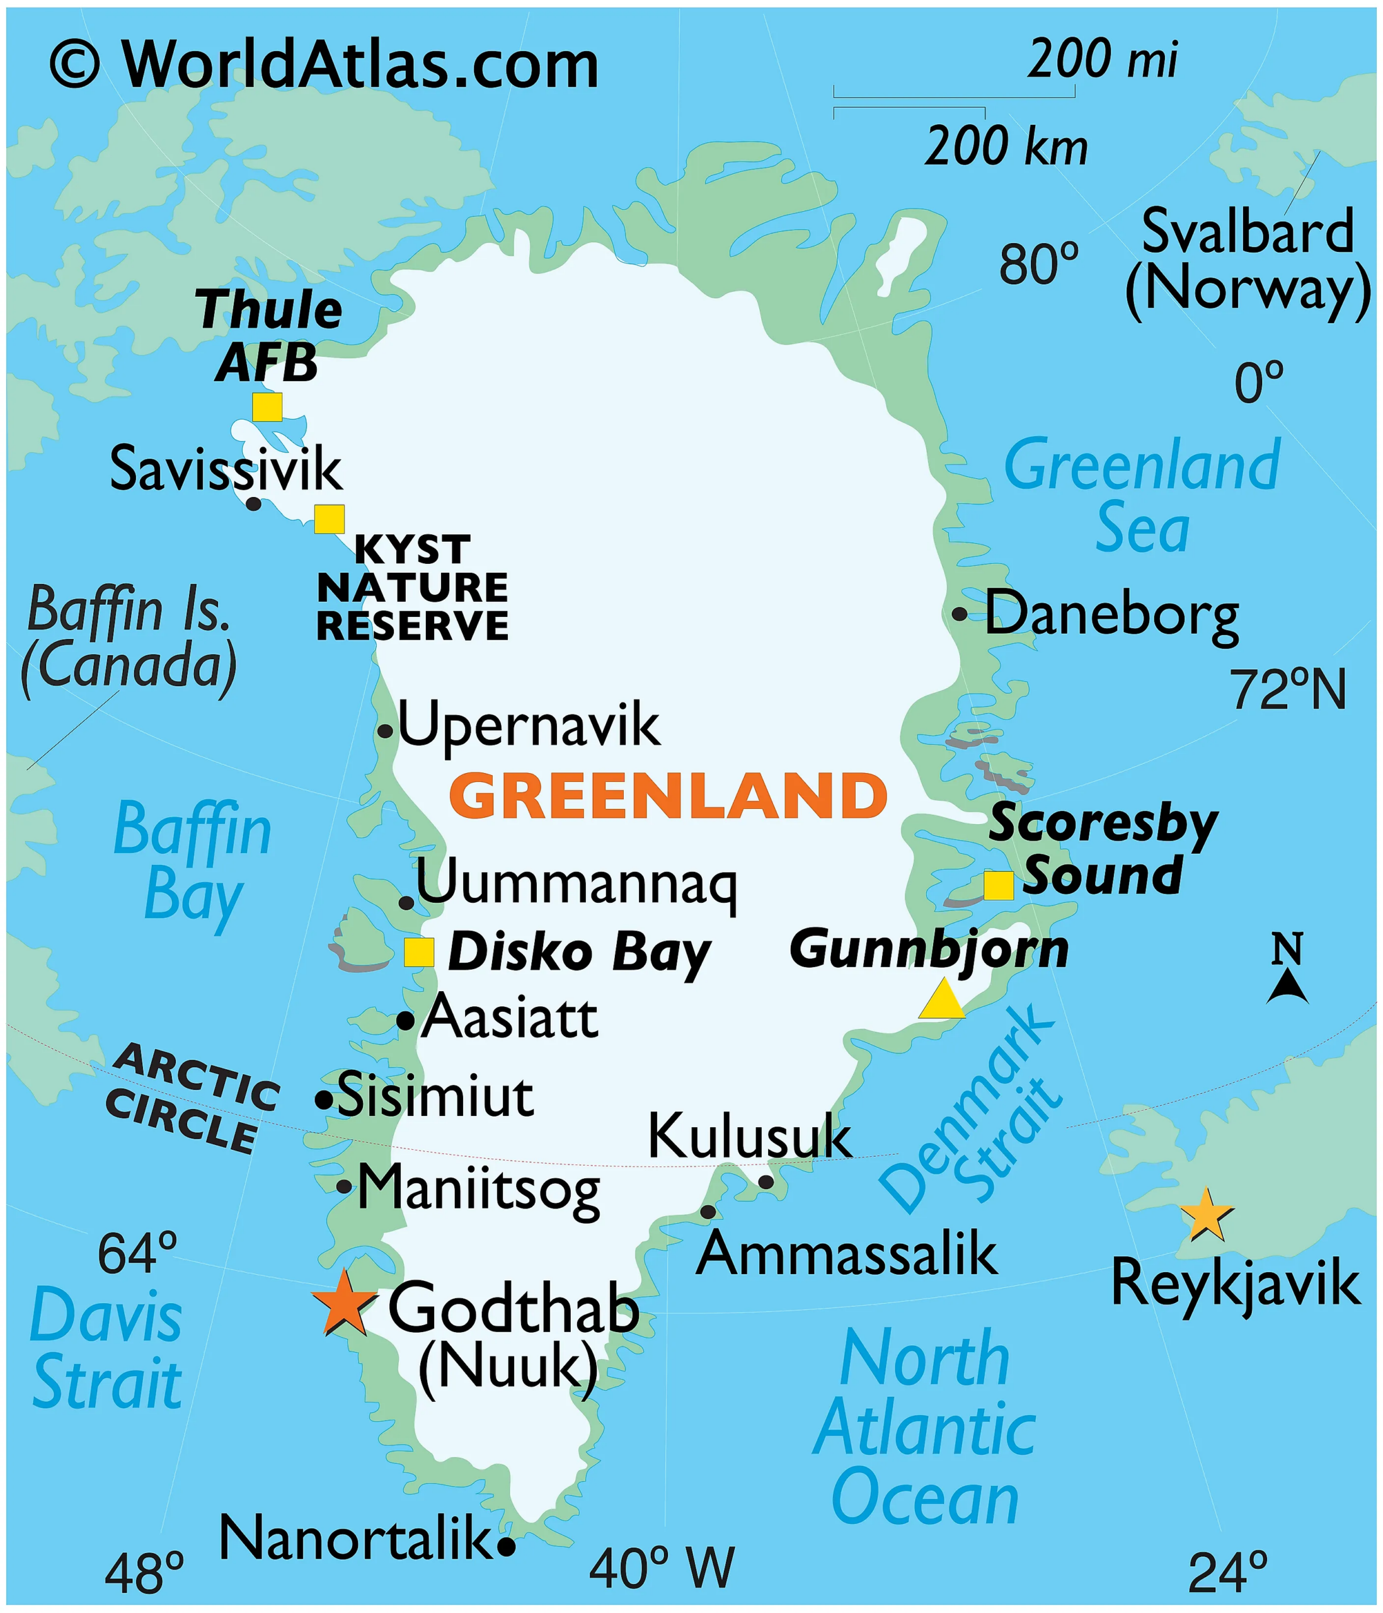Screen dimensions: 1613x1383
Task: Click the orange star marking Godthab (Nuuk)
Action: click(x=343, y=1302)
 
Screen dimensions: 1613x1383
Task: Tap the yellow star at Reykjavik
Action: click(x=1205, y=1215)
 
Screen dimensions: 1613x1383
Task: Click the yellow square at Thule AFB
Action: click(x=267, y=406)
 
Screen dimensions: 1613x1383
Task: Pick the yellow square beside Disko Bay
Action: click(x=419, y=951)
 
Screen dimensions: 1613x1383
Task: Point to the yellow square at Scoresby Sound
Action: click(x=999, y=885)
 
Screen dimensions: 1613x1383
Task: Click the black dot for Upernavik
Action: click(x=384, y=731)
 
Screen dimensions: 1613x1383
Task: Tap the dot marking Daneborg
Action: click(x=960, y=614)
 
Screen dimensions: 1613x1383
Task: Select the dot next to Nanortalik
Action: click(x=506, y=1547)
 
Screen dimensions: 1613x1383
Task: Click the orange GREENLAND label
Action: click(x=668, y=796)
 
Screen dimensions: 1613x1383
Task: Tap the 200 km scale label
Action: click(x=1006, y=146)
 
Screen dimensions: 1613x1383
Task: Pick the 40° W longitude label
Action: click(x=662, y=1568)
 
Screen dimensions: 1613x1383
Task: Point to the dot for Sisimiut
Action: click(x=324, y=1099)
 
